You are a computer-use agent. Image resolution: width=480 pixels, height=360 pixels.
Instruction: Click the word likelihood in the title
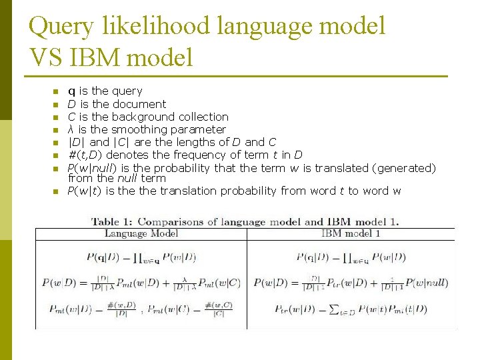pos(157,27)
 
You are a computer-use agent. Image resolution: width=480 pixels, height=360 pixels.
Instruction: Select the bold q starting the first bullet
pos(71,91)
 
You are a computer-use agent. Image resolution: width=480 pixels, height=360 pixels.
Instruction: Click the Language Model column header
pos(141,234)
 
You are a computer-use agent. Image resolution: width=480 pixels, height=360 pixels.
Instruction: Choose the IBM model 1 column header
pos(351,234)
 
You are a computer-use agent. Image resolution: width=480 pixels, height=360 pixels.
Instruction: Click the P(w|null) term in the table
pos(427,283)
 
